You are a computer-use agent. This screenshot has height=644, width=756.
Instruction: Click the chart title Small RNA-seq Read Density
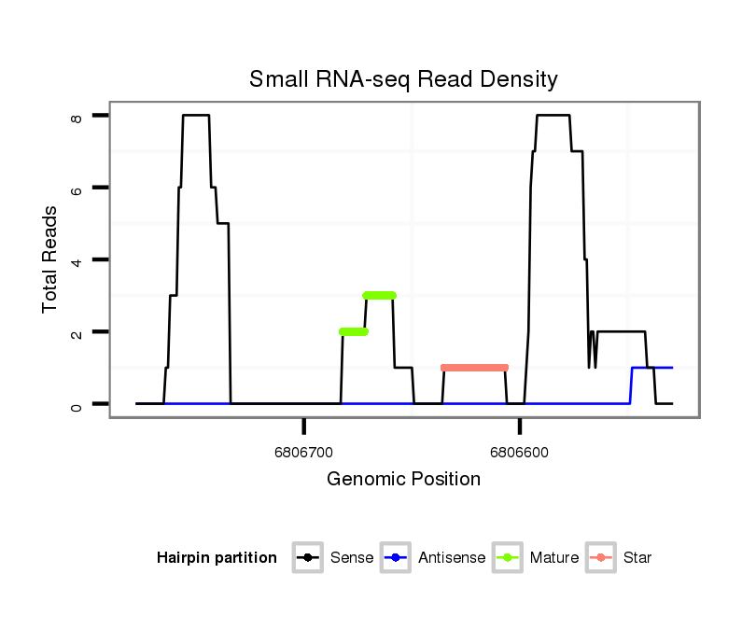403,79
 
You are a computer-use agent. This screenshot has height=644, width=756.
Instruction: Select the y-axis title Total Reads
52,259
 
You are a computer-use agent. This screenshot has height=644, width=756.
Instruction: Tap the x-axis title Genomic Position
403,480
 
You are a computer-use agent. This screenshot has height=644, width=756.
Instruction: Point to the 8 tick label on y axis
77,117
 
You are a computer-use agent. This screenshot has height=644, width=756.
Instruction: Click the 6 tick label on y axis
77,189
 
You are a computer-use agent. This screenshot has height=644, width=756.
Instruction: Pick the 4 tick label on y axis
77,260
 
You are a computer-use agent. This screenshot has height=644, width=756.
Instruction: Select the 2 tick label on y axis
77,332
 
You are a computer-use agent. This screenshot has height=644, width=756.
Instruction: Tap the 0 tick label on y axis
77,404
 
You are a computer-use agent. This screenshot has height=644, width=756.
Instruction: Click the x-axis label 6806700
304,452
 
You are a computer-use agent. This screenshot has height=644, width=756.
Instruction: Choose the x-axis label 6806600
520,452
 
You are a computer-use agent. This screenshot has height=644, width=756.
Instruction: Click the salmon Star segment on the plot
474,368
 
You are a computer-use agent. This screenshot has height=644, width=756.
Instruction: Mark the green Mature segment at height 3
380,295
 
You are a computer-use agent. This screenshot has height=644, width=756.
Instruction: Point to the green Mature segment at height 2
354,331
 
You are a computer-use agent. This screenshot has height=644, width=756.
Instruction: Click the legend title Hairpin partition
217,558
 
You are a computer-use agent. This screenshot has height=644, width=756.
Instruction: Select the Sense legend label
352,558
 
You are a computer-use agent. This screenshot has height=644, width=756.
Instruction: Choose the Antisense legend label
452,558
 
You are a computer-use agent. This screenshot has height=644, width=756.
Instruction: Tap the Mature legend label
553,558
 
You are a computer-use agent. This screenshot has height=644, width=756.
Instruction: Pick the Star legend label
637,558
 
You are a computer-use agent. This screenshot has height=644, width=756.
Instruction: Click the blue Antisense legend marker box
398,558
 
